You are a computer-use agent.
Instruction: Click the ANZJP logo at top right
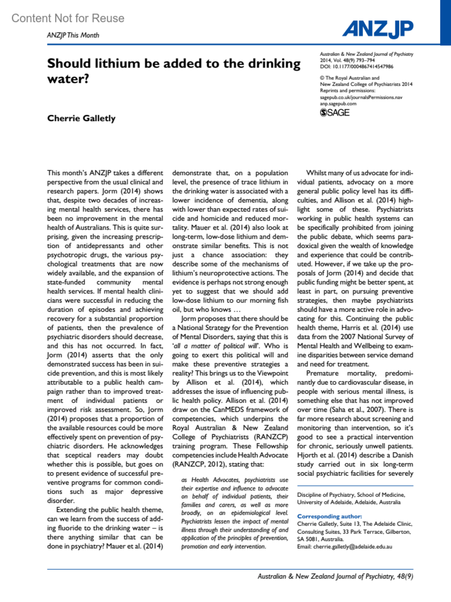point(377,29)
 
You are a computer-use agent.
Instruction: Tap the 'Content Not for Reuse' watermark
point(68,18)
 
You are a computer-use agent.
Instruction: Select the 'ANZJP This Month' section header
point(73,35)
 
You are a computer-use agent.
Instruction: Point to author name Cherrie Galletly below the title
point(81,118)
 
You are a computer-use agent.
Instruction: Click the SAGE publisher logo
point(334,112)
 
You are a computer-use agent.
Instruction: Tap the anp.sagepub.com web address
point(338,103)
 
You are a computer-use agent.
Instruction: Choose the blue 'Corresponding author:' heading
point(329,516)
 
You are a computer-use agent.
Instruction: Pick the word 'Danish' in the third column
point(402,455)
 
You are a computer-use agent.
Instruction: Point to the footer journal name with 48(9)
point(335,576)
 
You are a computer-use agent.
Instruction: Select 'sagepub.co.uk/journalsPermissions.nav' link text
point(361,97)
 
